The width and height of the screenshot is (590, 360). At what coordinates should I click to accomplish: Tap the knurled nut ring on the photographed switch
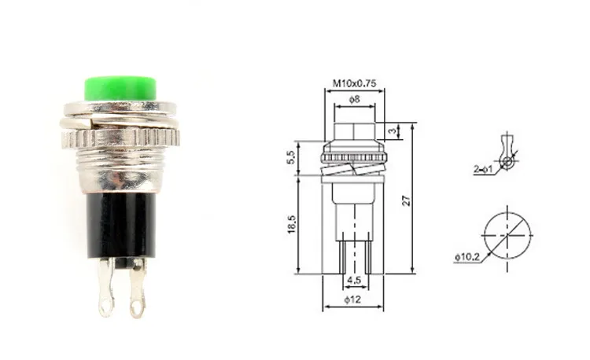[x=120, y=138]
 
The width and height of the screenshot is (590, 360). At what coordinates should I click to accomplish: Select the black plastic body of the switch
[x=121, y=226]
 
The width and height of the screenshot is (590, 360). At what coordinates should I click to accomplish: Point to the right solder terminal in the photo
[x=137, y=288]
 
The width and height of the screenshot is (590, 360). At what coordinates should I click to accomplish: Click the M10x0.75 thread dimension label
[x=354, y=83]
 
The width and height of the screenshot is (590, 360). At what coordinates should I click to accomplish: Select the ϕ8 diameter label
[x=355, y=99]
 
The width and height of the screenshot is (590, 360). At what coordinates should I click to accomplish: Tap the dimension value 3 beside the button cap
[x=393, y=131]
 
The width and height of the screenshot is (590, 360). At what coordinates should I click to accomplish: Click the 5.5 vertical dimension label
[x=291, y=157]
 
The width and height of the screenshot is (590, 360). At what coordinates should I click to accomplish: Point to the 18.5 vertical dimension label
[x=292, y=225]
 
